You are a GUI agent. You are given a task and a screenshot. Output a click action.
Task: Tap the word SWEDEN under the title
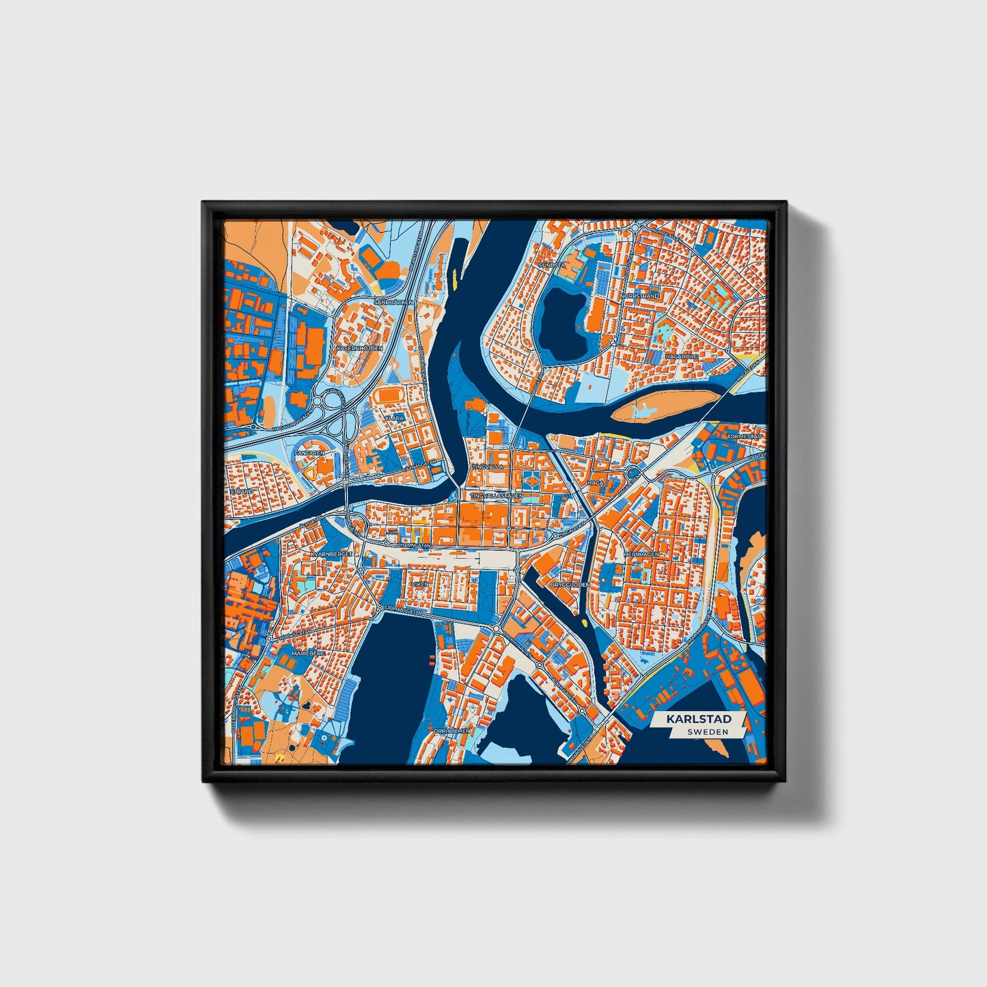(x=707, y=732)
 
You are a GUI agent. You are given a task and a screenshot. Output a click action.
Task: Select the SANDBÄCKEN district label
(x=394, y=301)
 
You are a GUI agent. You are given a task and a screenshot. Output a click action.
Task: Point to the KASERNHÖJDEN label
(x=359, y=348)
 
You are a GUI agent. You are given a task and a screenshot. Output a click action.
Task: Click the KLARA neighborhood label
(x=394, y=417)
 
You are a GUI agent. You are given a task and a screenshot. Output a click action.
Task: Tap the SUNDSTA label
(x=552, y=264)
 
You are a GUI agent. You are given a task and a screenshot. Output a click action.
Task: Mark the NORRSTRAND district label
(x=640, y=296)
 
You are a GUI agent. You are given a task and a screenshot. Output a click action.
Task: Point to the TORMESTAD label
(x=745, y=436)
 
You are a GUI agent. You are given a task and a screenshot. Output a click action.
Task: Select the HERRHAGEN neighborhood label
(x=641, y=554)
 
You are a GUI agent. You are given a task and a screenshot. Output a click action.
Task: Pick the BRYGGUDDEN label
(x=570, y=585)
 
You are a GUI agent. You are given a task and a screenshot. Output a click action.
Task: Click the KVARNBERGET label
(x=331, y=554)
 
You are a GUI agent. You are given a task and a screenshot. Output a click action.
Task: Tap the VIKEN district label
(x=419, y=585)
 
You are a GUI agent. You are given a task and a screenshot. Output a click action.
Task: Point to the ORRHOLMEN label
(x=451, y=730)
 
